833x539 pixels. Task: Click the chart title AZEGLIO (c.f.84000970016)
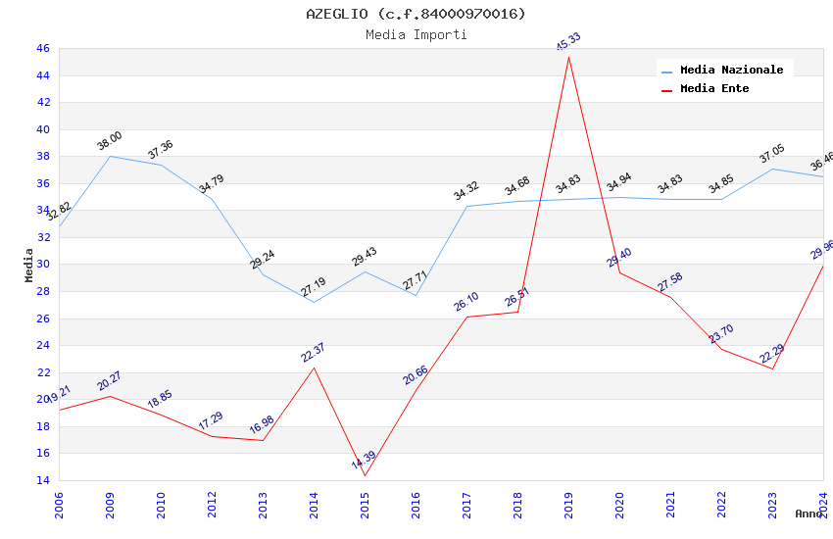click(x=416, y=14)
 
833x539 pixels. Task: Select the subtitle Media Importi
click(x=416, y=35)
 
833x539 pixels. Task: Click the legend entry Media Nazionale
click(x=731, y=70)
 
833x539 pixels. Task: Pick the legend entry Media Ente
click(x=714, y=88)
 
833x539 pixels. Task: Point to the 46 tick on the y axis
click(x=42, y=48)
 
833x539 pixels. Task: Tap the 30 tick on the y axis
click(x=42, y=265)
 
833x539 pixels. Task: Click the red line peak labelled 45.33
click(x=568, y=56)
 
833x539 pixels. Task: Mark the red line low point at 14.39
click(x=365, y=475)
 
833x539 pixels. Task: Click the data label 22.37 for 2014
click(x=314, y=352)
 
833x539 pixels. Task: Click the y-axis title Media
click(x=28, y=265)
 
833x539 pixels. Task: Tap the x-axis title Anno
click(x=808, y=514)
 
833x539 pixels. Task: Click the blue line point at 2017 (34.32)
click(x=466, y=206)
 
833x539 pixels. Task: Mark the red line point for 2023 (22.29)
click(x=772, y=368)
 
